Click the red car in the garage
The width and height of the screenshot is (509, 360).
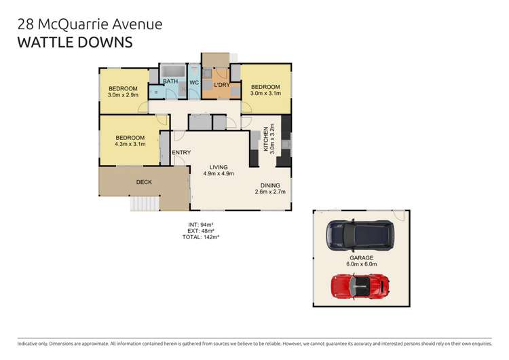360,285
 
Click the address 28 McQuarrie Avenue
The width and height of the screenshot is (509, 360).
89,24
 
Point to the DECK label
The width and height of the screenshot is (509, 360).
144,181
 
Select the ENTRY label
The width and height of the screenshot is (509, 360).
181,152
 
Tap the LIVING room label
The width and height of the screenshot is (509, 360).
219,167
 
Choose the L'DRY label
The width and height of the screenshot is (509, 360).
221,85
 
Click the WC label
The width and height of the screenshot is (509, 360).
193,82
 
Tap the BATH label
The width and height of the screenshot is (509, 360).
170,82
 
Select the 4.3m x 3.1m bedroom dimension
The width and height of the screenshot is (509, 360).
130,144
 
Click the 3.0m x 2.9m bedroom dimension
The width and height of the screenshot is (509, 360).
124,96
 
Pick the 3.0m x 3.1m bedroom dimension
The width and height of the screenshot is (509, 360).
265,94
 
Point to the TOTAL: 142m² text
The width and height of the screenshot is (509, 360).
200,237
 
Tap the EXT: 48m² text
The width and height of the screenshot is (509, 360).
200,230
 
